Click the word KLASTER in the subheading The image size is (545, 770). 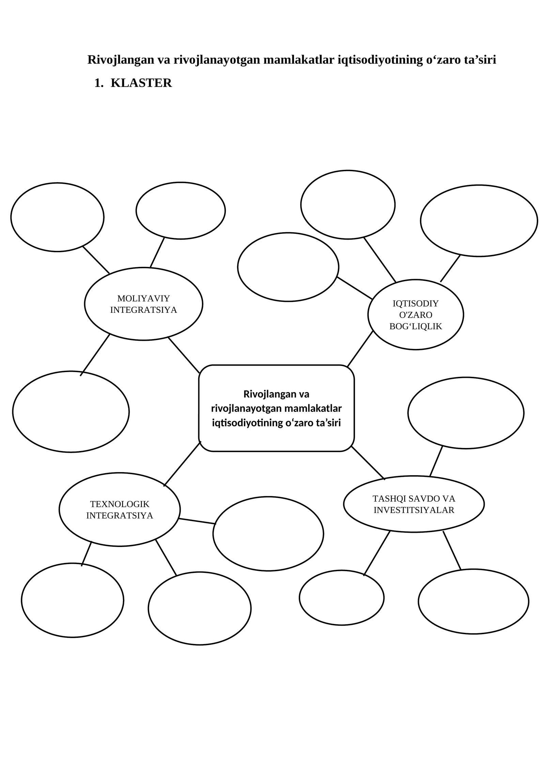coord(141,83)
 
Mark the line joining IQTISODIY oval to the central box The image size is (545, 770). coord(360,349)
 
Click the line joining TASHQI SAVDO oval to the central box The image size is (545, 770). coord(368,463)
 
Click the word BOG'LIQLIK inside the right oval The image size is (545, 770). coord(416,326)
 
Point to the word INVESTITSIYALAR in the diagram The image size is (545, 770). coord(414,510)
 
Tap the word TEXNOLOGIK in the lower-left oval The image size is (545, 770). coord(120,504)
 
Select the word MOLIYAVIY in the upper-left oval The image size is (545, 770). coord(143,299)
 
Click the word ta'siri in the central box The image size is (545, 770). coord(328,423)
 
